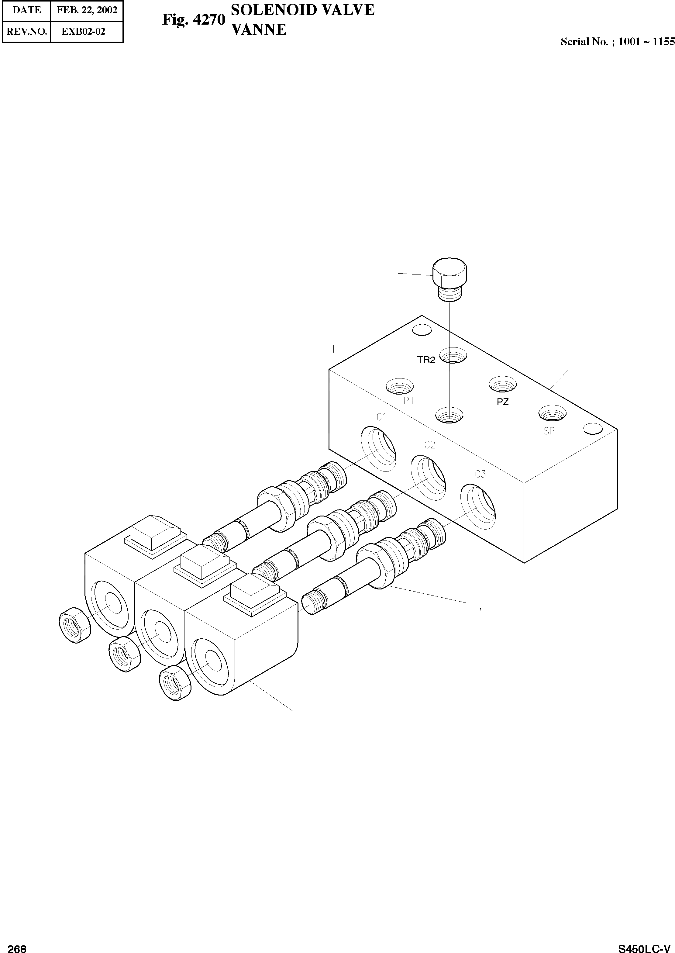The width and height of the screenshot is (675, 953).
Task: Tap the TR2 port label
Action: (x=426, y=360)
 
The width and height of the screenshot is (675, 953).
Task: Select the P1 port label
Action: (x=408, y=401)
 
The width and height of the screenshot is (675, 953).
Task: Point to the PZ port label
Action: (x=502, y=402)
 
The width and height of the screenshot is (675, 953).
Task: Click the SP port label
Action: (x=549, y=431)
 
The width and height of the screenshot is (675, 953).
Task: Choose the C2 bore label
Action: (x=430, y=445)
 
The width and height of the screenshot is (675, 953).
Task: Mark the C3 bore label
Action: (x=480, y=474)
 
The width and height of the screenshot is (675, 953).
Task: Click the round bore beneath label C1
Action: (x=378, y=449)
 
